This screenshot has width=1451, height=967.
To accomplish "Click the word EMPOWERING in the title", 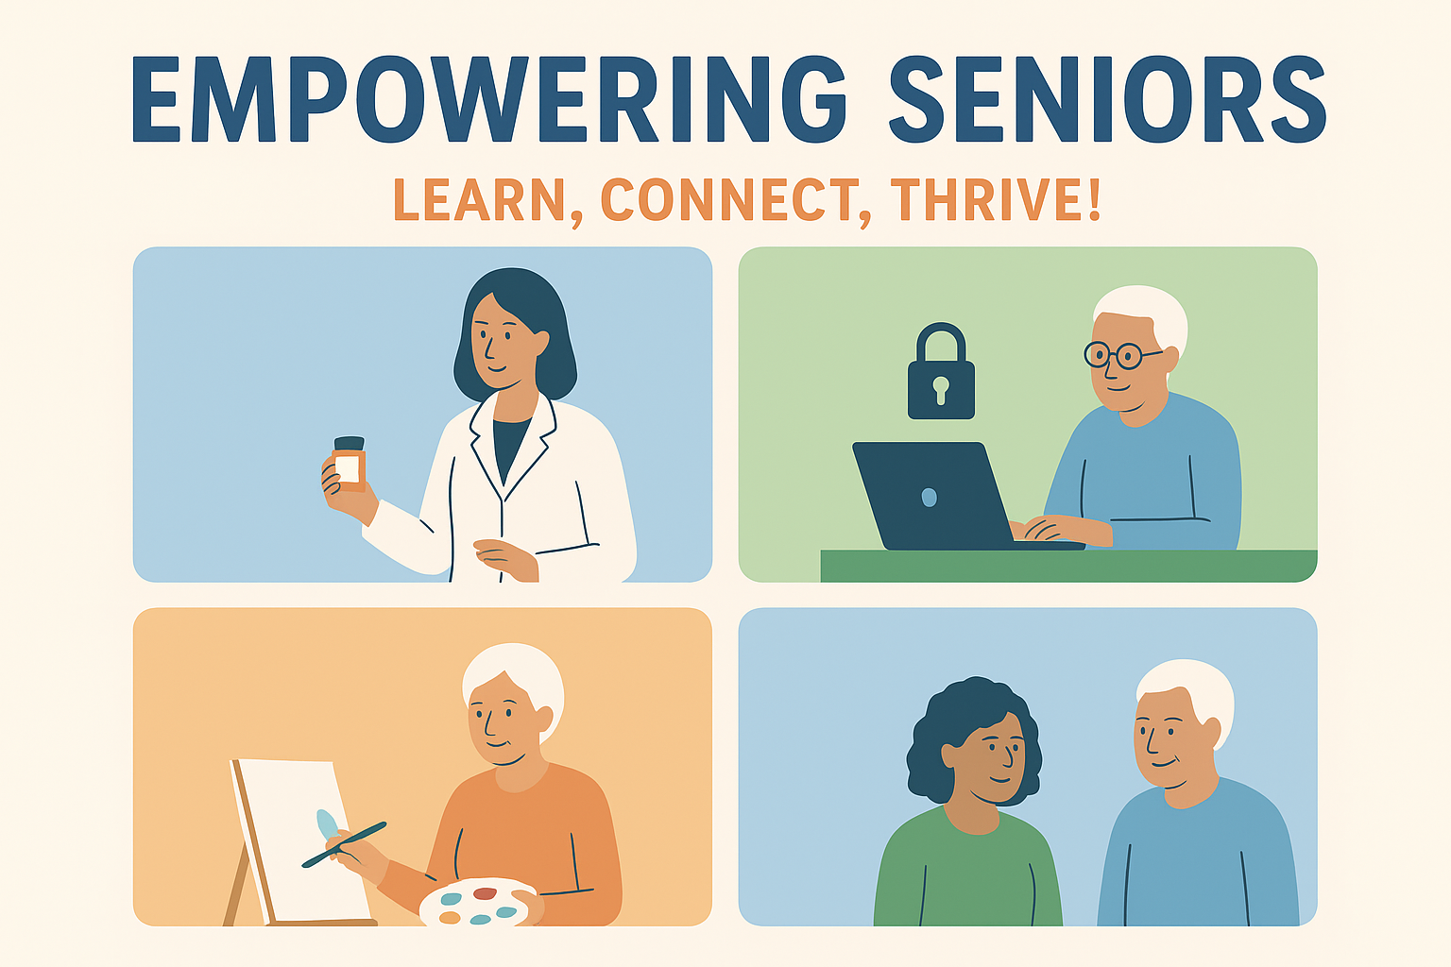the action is tap(489, 99).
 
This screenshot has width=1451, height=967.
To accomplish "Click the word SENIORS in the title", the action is tap(1108, 99).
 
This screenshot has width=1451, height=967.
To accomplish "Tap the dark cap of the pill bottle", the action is tap(350, 443).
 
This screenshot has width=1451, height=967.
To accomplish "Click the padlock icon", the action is tap(941, 371).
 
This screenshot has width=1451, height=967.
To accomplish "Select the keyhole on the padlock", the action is tap(941, 390).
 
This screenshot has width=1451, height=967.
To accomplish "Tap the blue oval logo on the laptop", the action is tap(929, 498).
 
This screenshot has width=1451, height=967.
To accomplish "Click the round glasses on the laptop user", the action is tap(1118, 355).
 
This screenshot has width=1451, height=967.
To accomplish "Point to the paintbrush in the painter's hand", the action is tap(344, 844).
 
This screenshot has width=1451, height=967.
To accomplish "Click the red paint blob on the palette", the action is tap(485, 893).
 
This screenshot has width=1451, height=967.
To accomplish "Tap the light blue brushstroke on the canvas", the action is tap(327, 825).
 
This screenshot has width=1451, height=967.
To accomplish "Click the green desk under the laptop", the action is tap(1068, 566).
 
